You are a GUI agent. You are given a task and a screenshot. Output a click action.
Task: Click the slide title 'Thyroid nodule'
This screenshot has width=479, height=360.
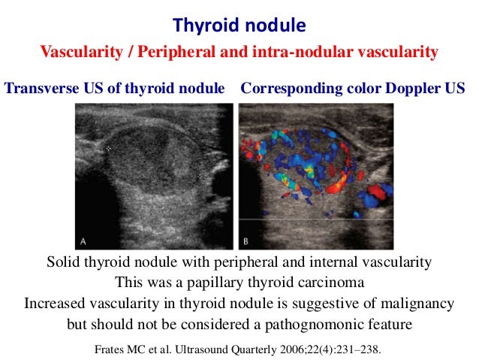(x=239, y=26)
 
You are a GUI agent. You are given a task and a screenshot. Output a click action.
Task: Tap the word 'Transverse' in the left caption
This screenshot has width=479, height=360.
(x=38, y=88)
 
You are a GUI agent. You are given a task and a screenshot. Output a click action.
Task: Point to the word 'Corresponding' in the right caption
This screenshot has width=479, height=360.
(x=285, y=88)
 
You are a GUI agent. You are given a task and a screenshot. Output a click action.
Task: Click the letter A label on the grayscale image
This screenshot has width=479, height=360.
(x=83, y=241)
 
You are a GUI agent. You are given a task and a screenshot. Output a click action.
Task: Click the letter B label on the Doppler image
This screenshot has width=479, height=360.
(x=247, y=241)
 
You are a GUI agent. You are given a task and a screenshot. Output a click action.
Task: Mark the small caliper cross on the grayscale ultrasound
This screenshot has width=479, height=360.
(x=109, y=149)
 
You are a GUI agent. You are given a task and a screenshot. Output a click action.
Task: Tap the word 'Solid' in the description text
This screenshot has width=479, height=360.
(x=63, y=262)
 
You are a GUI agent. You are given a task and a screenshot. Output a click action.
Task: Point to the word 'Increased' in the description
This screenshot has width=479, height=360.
(x=52, y=304)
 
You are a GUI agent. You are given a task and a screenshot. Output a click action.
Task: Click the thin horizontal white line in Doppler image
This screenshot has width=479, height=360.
(x=315, y=219)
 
